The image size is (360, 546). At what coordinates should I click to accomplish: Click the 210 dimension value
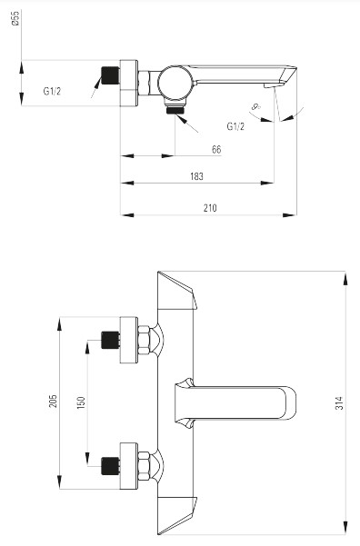click(210, 208)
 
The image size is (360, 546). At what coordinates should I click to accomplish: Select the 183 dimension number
click(196, 176)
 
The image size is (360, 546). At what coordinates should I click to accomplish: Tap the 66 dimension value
click(216, 149)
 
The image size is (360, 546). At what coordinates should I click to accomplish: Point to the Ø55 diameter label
click(15, 18)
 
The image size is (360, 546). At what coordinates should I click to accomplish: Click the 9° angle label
click(256, 106)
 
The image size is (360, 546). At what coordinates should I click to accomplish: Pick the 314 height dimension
click(339, 402)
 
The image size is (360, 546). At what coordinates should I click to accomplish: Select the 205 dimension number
click(53, 402)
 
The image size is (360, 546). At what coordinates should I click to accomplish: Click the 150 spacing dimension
click(81, 402)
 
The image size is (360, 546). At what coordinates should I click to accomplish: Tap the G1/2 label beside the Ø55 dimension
click(52, 91)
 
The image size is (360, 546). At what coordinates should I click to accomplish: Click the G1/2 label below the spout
click(235, 126)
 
